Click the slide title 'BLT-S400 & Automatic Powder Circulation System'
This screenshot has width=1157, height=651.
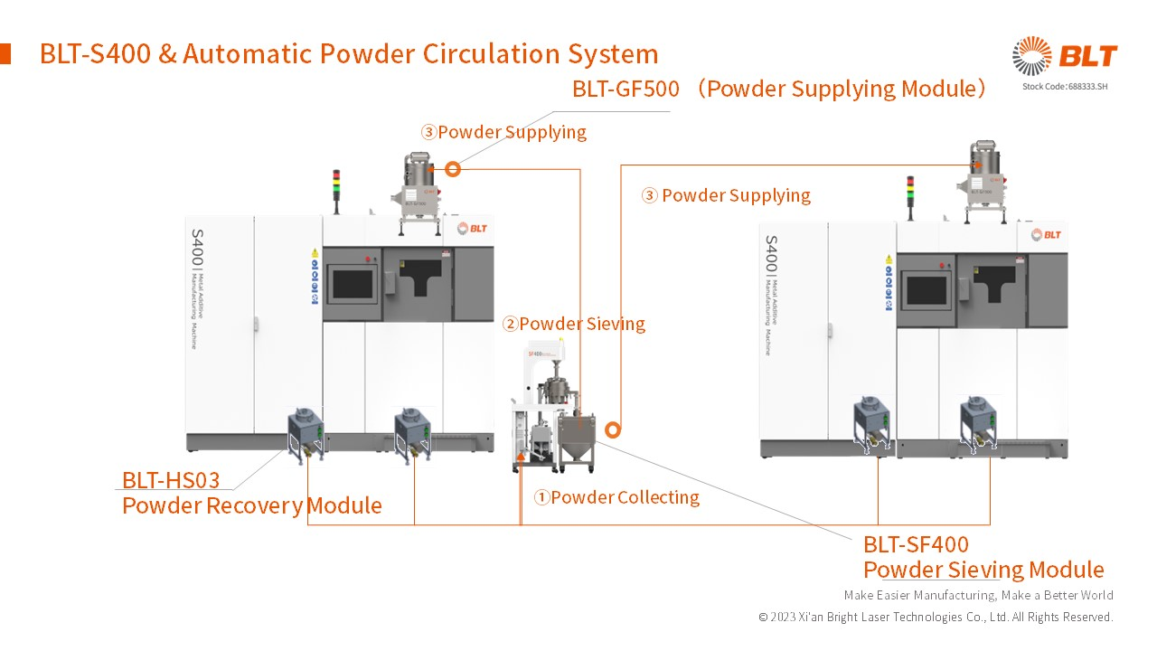click(x=348, y=54)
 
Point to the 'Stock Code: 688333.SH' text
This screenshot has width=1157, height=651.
click(x=1064, y=87)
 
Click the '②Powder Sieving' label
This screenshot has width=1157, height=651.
click(x=574, y=324)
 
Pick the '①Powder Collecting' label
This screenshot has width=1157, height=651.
click(x=616, y=497)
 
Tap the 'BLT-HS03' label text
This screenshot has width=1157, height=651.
click(x=171, y=480)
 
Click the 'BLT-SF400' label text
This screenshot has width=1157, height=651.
click(x=916, y=544)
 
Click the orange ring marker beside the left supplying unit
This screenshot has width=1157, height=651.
click(x=453, y=169)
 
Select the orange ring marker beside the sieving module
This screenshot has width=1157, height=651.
click(x=613, y=430)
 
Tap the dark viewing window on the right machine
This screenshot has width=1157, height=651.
click(x=926, y=290)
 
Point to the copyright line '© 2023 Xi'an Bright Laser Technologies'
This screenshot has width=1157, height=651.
click(x=936, y=617)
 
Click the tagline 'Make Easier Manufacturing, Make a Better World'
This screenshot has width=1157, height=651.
click(x=978, y=595)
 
